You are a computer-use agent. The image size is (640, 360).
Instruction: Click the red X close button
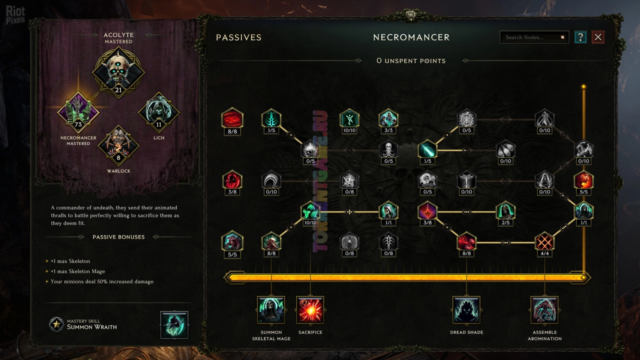[598, 37]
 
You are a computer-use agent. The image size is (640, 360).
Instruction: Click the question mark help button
[580, 37]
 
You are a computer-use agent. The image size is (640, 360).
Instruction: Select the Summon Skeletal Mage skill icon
[271, 310]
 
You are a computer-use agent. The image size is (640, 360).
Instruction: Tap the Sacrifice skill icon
[310, 310]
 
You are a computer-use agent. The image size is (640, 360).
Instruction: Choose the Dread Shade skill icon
[466, 310]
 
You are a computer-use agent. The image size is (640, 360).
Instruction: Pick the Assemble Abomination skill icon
[544, 310]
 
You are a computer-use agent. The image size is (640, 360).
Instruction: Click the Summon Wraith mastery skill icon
[174, 325]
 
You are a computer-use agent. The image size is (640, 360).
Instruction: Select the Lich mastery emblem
[159, 112]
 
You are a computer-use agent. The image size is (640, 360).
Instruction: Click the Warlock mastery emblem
[118, 145]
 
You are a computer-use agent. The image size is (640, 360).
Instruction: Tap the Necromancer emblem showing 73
[78, 112]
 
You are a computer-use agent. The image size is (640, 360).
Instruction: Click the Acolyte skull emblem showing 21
[118, 72]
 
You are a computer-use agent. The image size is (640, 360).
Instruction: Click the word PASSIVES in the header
[238, 37]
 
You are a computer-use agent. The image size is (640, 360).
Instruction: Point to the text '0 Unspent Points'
[411, 60]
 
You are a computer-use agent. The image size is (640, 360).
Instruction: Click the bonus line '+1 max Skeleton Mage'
[77, 271]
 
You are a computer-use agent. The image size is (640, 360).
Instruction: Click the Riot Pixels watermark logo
[15, 15]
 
